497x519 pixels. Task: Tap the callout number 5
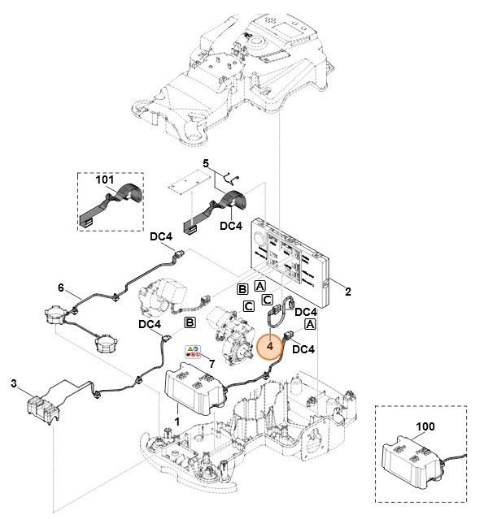coord(206,163)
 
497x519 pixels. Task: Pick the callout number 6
coord(60,288)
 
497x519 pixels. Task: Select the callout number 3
coord(14,383)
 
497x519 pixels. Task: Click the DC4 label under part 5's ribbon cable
coord(232,226)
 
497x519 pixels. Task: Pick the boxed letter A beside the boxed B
coord(259,286)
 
